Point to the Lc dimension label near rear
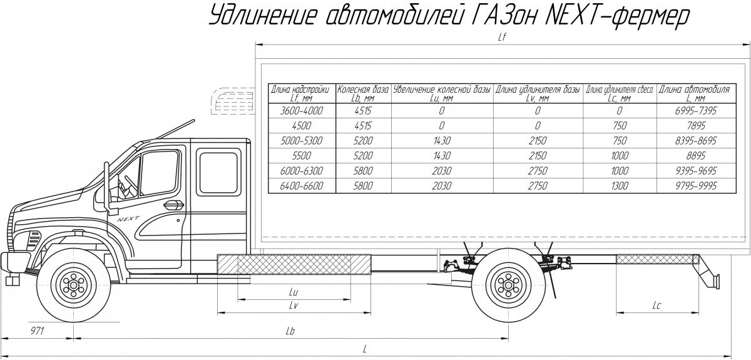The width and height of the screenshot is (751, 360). pyautogui.click(x=656, y=305)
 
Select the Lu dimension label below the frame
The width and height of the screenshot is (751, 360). pyautogui.click(x=294, y=292)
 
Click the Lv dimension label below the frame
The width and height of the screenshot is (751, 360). pyautogui.click(x=293, y=305)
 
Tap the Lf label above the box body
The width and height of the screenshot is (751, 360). pyautogui.click(x=501, y=37)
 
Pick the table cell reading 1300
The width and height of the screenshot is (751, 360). pyautogui.click(x=620, y=186)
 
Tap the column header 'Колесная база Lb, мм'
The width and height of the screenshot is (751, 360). pyautogui.click(x=364, y=94)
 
